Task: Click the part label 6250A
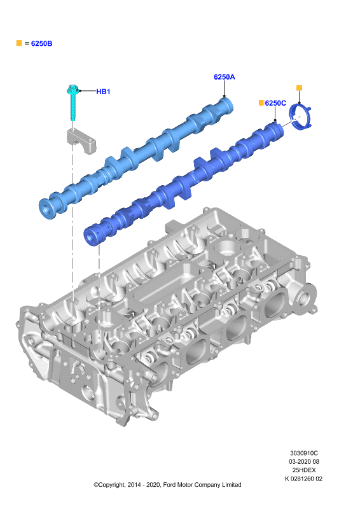(224, 77)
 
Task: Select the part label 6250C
(275, 103)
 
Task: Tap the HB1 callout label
(103, 92)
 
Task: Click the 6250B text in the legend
(41, 43)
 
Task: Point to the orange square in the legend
(19, 43)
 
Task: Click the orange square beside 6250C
(261, 102)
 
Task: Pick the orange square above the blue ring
(300, 88)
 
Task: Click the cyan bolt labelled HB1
(73, 102)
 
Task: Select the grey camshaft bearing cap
(82, 141)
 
